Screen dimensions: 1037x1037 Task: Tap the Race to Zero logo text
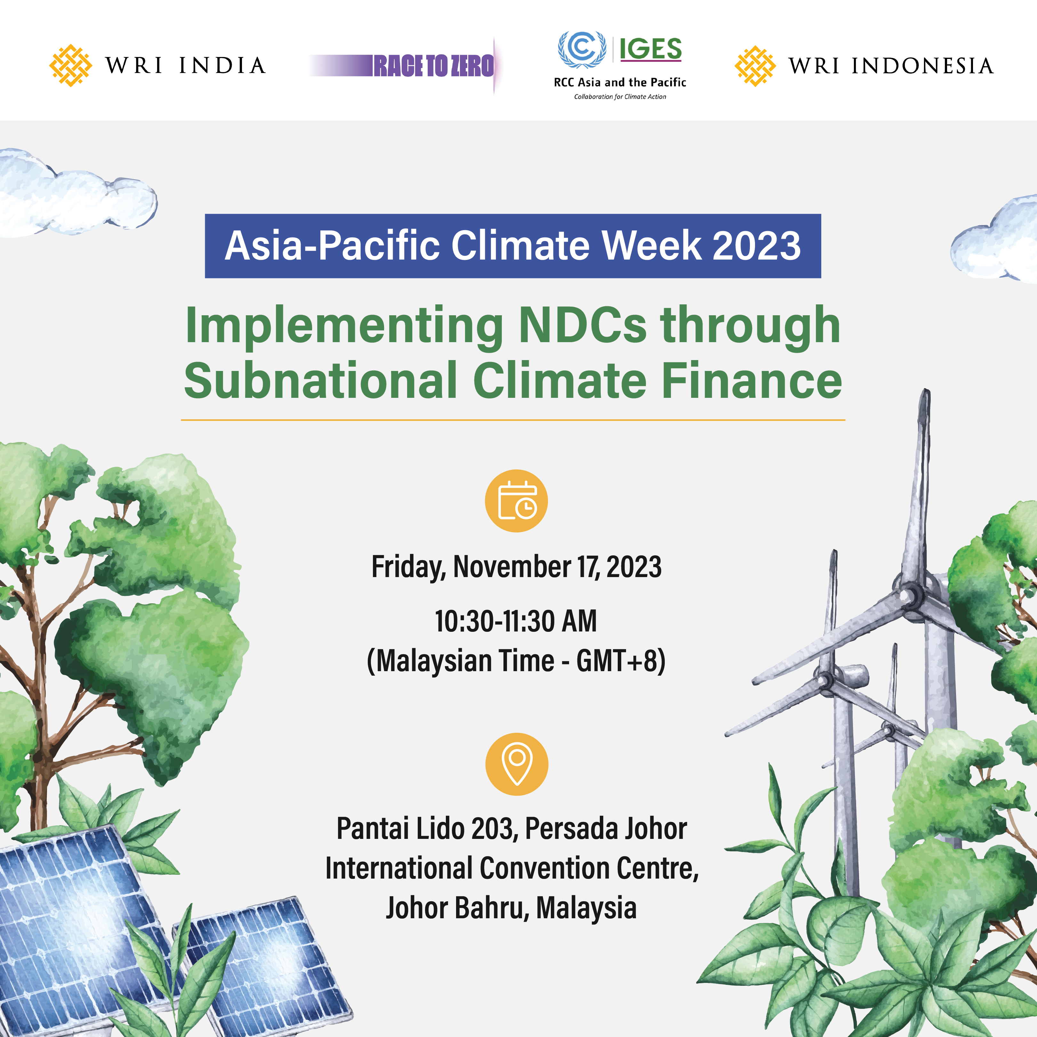(x=434, y=66)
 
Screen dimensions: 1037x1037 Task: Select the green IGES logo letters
(x=651, y=49)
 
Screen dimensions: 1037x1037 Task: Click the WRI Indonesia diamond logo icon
(x=755, y=66)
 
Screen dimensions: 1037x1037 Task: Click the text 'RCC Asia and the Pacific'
(x=620, y=82)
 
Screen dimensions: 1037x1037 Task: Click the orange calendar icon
(x=516, y=501)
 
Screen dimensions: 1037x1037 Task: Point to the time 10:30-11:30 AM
(x=516, y=621)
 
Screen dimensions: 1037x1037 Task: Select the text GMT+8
(x=617, y=661)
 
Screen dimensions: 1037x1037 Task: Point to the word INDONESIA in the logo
(x=922, y=66)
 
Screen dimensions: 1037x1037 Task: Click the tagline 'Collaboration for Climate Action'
(x=620, y=97)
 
